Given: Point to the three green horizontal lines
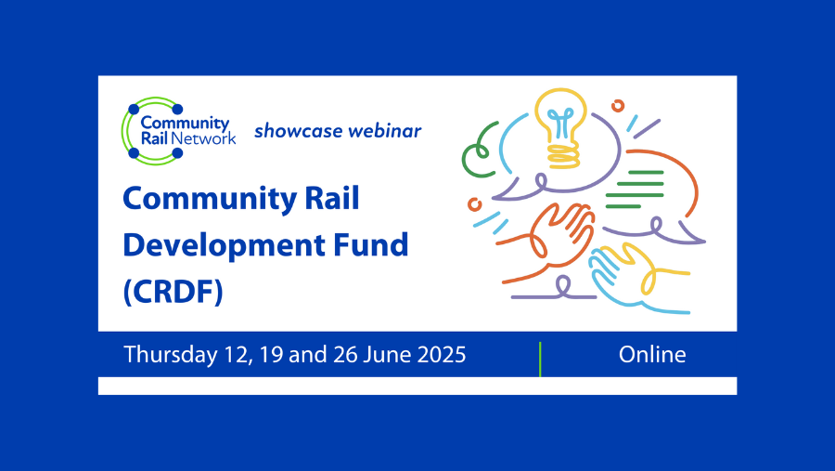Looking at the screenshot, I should [x=635, y=190].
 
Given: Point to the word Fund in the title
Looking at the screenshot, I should [x=369, y=245].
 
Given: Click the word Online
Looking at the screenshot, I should [x=653, y=354].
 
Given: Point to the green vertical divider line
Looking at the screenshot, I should [x=540, y=359].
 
